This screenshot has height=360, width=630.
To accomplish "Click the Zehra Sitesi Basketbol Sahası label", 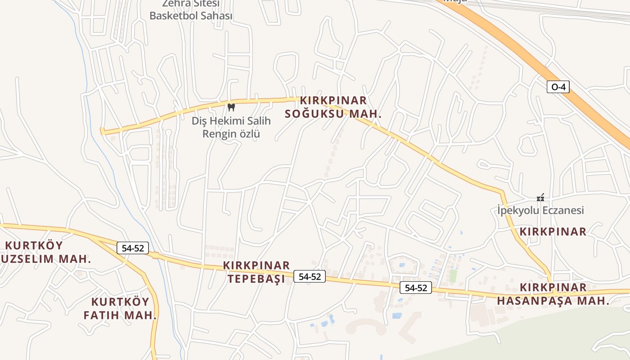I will [x=191, y=10].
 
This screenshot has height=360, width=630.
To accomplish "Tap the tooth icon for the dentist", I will [x=231, y=107].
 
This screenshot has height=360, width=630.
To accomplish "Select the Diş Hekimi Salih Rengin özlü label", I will [x=231, y=127].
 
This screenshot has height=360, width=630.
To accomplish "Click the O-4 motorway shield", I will [x=558, y=87].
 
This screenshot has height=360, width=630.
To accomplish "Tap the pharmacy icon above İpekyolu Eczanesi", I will [x=540, y=198].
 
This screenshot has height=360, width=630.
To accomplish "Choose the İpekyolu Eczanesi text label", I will [x=540, y=210].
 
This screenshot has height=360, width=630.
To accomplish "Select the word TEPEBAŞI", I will [x=256, y=279].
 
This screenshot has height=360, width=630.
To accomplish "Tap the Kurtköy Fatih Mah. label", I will [x=120, y=308].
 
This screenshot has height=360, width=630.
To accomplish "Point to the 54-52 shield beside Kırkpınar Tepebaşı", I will [x=310, y=276].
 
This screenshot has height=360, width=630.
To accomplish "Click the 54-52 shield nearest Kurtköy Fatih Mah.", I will [x=133, y=247].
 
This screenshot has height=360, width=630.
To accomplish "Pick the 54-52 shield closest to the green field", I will [x=416, y=288].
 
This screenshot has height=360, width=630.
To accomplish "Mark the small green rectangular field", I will [x=453, y=275].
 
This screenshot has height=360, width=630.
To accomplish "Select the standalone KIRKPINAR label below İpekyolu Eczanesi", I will [x=553, y=232].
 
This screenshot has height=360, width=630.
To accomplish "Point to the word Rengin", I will [x=220, y=134].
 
